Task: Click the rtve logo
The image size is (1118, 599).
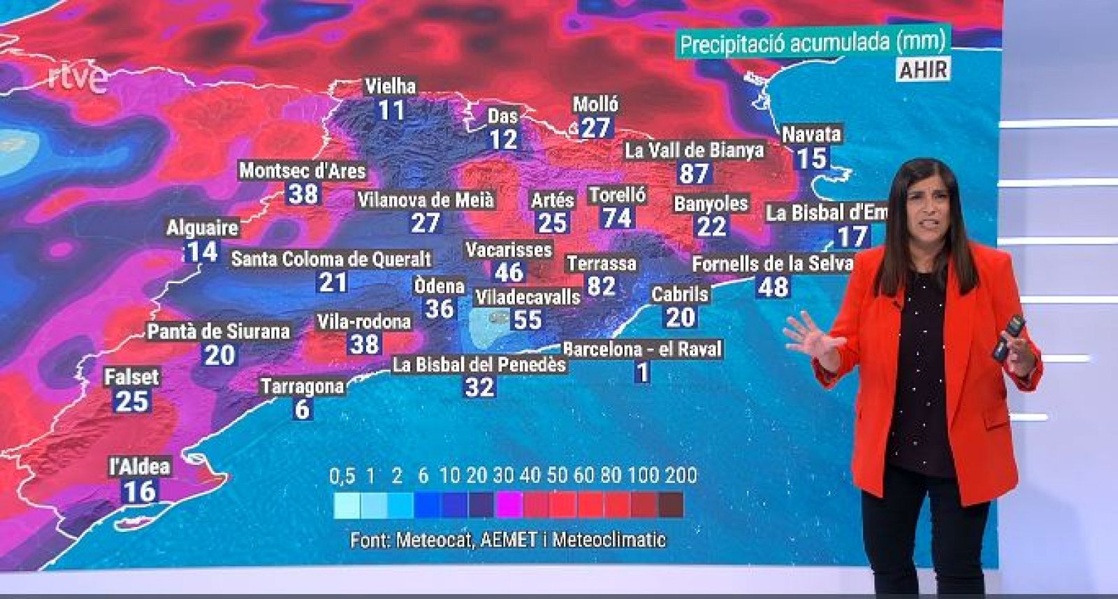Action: coord(78,79)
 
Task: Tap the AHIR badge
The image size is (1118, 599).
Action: coord(923,69)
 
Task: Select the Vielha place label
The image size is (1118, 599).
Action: coord(390,87)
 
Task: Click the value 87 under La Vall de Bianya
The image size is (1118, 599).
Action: coord(694,173)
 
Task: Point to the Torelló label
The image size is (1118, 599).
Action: coord(617,195)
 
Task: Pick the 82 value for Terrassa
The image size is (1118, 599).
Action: coord(601,286)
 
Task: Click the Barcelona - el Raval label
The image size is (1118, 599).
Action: coord(642,349)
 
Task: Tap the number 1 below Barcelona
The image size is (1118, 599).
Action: coord(642,373)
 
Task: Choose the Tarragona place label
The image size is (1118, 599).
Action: coord(302,386)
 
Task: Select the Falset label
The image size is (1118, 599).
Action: coord(131,377)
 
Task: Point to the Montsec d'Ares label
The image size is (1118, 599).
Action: coord(302,171)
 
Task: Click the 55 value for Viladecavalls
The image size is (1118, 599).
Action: coord(528,319)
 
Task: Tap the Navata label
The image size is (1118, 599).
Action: coord(811,134)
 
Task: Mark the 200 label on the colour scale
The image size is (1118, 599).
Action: coord(681,476)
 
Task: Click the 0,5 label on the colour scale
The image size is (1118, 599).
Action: coord(342,476)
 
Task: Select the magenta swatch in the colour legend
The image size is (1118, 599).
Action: coord(508,505)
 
